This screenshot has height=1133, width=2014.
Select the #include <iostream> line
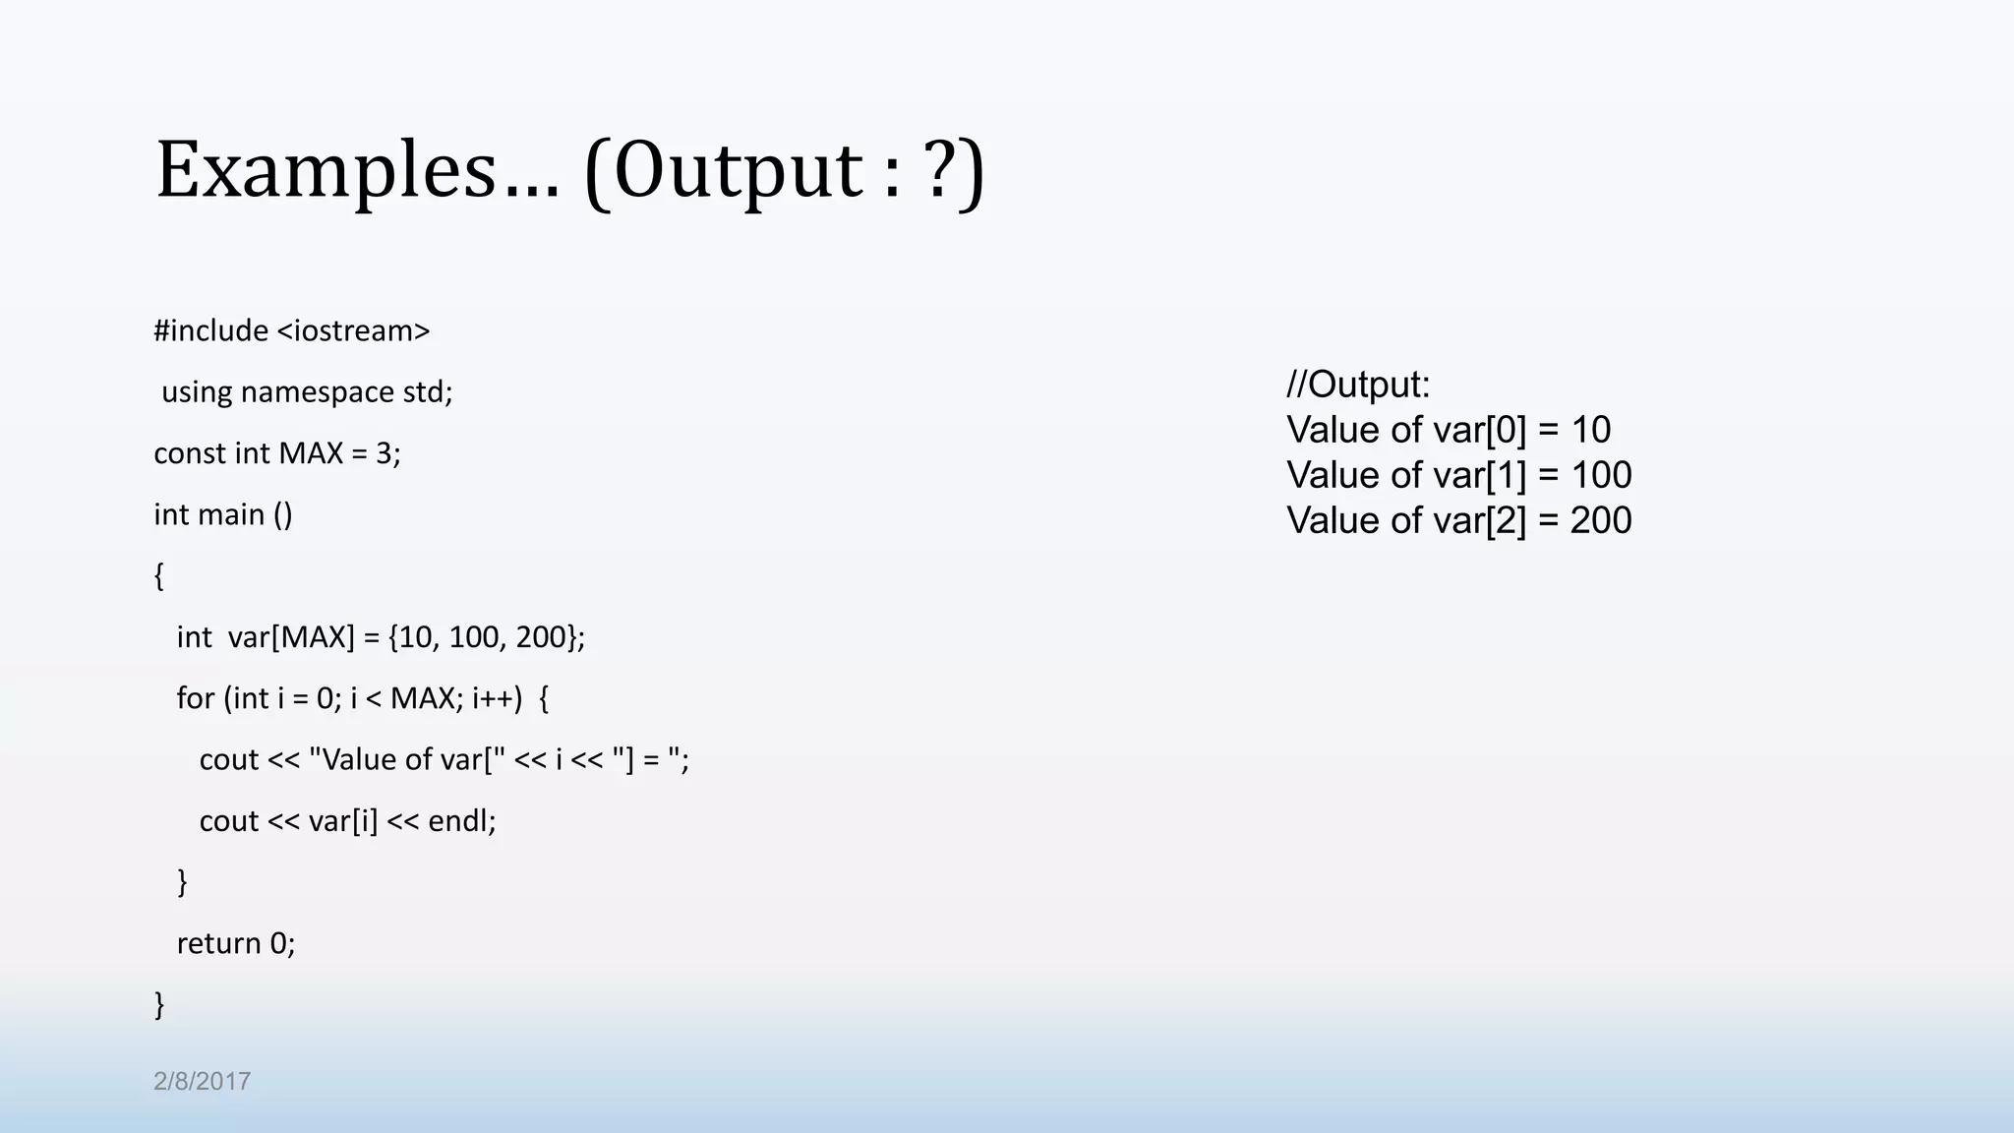tap(292, 330)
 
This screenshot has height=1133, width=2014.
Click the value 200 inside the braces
tap(540, 637)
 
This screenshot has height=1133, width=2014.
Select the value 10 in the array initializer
tap(414, 637)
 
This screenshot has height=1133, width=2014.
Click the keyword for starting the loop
tap(195, 698)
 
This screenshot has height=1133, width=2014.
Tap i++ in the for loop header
tap(496, 698)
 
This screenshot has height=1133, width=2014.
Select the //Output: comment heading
tap(1358, 385)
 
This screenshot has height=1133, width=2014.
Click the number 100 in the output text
tap(1601, 476)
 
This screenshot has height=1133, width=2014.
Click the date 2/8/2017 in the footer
tap(202, 1082)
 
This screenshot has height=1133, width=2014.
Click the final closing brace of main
tap(159, 1005)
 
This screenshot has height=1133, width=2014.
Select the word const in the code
tap(189, 453)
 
